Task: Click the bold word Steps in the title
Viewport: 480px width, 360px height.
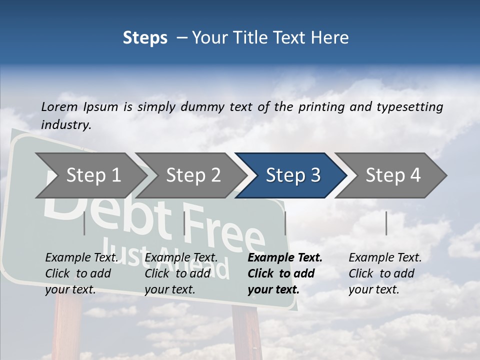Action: coord(145,37)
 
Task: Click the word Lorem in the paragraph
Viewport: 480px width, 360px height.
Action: coord(59,106)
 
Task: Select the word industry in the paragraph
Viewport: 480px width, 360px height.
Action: coord(65,124)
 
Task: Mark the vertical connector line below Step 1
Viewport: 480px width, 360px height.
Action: coord(84,223)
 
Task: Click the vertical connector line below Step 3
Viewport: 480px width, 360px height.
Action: coord(285,223)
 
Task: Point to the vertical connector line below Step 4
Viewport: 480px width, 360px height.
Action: coord(386,223)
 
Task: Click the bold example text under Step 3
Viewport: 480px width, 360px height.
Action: coord(284,273)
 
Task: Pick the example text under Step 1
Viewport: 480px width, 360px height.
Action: coord(81,273)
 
